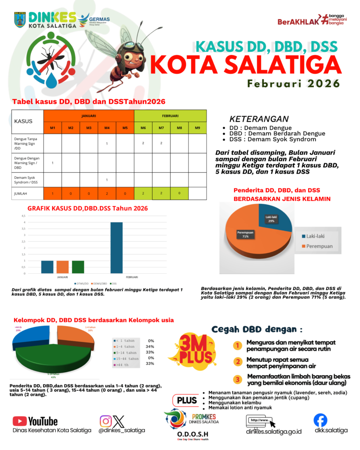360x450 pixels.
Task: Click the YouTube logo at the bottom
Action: tap(35, 421)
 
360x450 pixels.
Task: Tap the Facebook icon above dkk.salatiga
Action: tap(320, 421)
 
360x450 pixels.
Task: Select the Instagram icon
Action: tap(105, 421)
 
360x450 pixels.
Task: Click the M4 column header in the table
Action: tap(107, 128)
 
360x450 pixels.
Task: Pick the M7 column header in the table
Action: tap(161, 128)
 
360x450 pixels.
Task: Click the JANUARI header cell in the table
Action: tap(89, 116)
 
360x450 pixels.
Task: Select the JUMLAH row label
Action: tap(27, 193)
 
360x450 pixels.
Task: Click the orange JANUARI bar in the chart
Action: tap(62, 267)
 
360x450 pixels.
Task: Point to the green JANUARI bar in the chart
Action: tap(78, 267)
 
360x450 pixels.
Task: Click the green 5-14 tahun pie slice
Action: tap(53, 360)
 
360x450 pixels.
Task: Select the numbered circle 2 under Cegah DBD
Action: tap(238, 362)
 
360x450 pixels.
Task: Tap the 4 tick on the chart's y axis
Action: tap(23, 222)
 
